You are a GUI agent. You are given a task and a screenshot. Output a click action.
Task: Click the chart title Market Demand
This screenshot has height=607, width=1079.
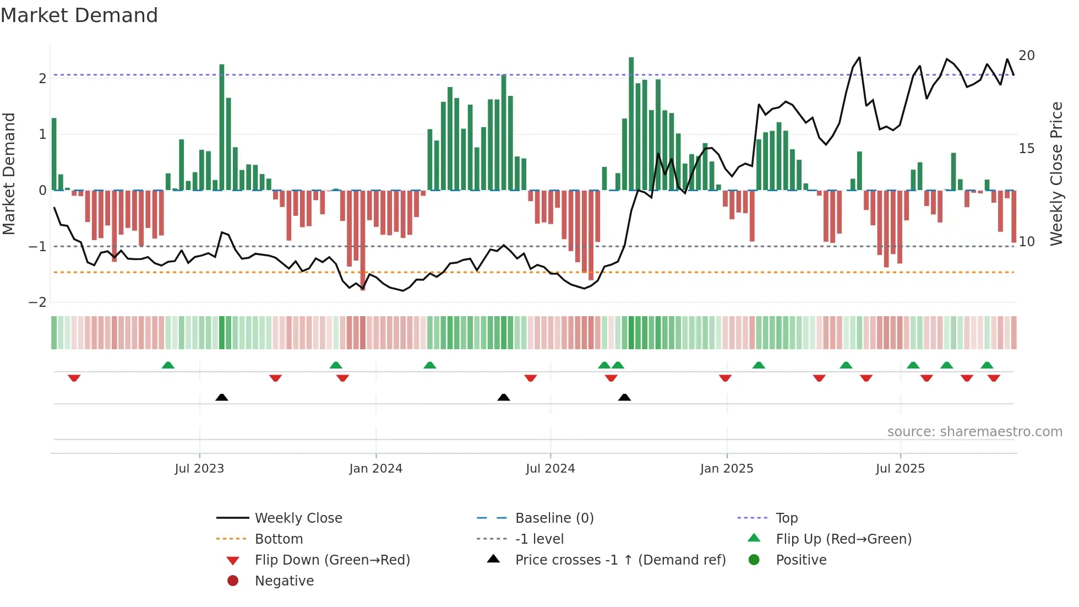coord(79,15)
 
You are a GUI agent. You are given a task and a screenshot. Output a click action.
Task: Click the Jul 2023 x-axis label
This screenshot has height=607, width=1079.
coord(199,469)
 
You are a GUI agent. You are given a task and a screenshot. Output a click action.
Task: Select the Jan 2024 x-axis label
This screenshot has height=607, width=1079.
coord(375,469)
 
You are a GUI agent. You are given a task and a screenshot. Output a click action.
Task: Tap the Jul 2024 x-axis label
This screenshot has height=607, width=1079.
coord(550,469)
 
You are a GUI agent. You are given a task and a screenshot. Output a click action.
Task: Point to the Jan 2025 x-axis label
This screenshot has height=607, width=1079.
coord(726,469)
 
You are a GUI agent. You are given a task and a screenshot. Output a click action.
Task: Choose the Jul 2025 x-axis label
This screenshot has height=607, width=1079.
coord(900,469)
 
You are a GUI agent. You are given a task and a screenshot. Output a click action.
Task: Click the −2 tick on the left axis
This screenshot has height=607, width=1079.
coord(37,302)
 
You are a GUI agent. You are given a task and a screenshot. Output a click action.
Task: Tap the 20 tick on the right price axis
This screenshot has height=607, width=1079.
coord(1026,56)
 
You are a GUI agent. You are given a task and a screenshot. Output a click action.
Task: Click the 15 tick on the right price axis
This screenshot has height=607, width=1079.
coord(1026,149)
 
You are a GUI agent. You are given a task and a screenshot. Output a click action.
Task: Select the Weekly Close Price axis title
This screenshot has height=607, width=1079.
coord(1056,174)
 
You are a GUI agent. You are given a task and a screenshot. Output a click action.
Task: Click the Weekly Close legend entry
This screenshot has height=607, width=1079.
coord(298,518)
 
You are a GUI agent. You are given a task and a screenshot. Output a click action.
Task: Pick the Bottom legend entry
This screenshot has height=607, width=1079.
coord(279,539)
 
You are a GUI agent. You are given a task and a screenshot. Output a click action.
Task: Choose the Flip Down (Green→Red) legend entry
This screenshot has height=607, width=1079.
coord(332,560)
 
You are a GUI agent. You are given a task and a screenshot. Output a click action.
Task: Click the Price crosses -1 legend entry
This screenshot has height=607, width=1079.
coord(620,560)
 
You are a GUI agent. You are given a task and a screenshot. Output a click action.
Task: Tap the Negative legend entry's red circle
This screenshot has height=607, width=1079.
coord(233,581)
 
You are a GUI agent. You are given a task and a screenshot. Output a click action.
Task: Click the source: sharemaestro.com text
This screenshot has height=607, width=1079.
coord(974,432)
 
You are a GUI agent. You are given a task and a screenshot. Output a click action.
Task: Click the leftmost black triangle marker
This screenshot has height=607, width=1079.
coord(221,397)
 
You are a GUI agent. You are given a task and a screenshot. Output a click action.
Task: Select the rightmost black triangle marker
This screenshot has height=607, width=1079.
coord(624,397)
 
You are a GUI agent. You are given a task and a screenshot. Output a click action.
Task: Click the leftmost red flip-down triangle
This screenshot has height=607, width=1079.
coord(74,378)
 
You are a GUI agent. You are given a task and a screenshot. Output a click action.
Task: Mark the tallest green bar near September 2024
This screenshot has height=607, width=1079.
coord(631,124)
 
